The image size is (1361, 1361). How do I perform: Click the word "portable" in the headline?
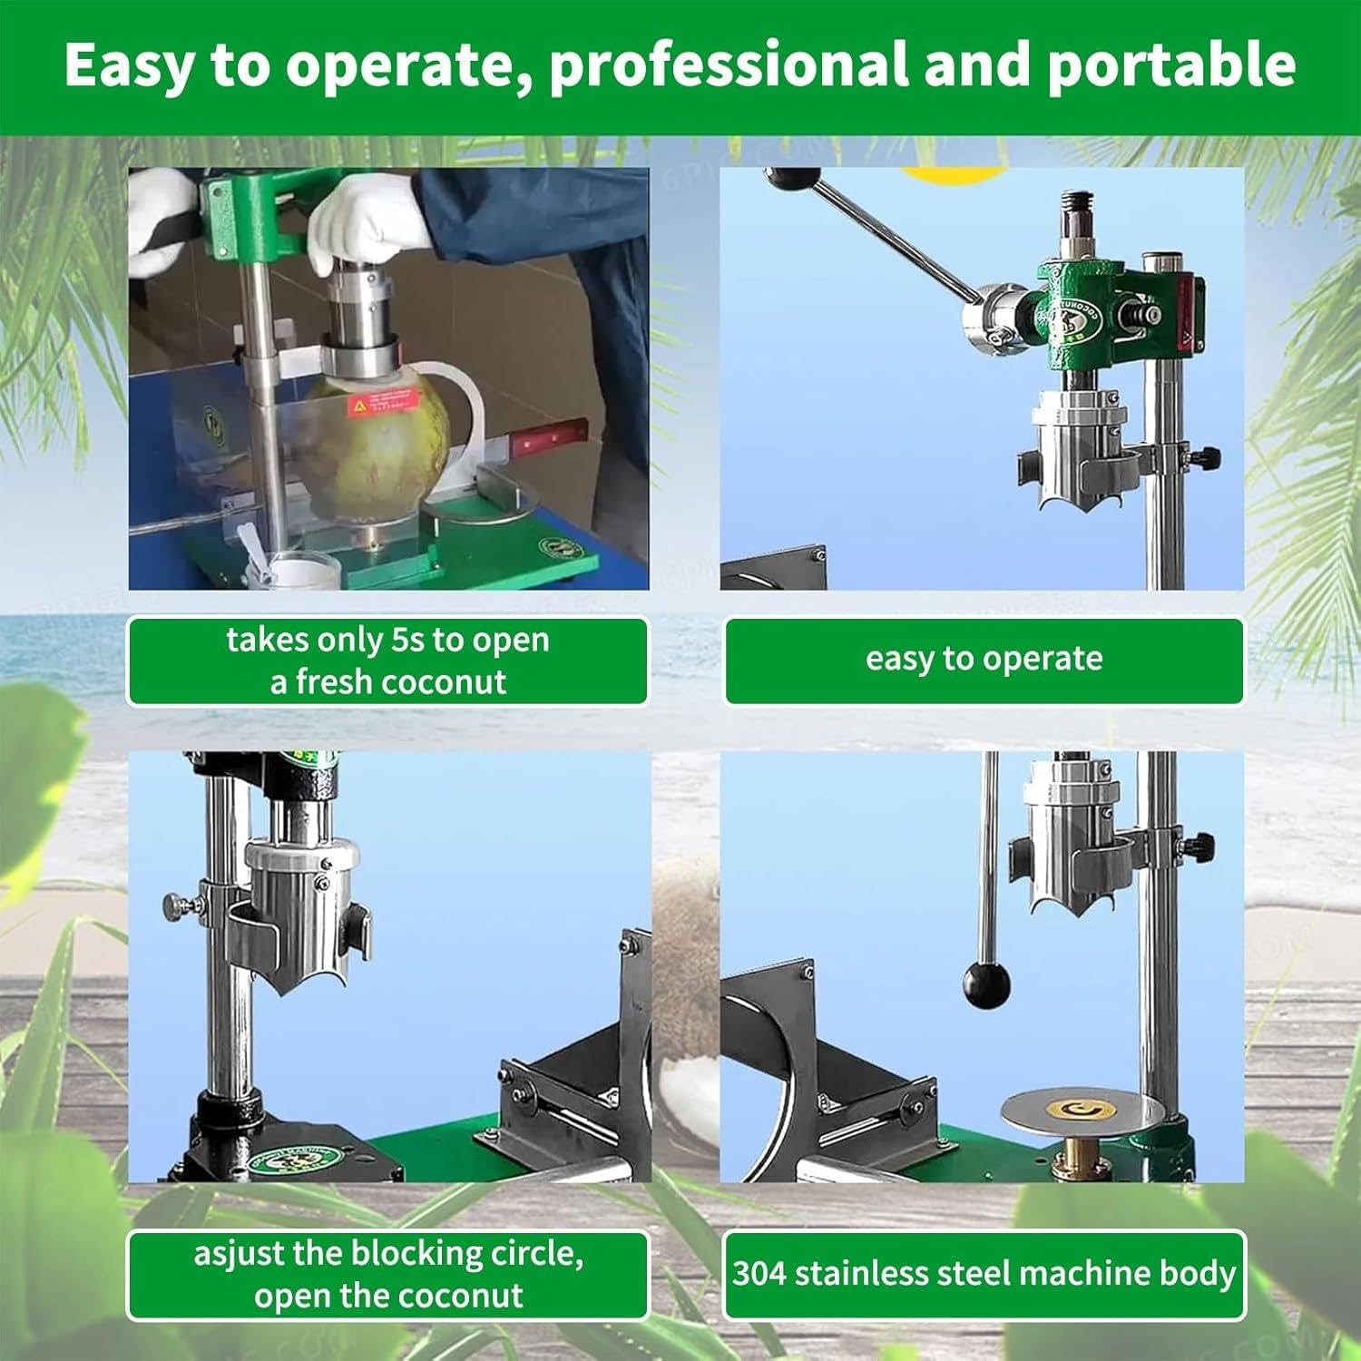coord(1171,64)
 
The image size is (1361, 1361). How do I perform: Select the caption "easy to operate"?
coord(984,659)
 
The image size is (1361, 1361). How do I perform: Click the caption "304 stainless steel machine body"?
coord(984,1273)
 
